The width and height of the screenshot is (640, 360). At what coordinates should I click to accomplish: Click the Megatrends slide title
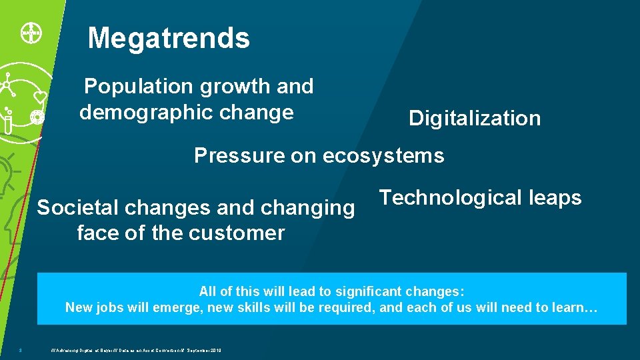(x=169, y=39)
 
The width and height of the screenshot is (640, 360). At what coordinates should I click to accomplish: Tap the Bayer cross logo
(x=28, y=31)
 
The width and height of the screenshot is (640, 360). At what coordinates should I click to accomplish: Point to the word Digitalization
(x=475, y=119)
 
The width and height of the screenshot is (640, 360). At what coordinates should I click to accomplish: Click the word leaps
(x=553, y=198)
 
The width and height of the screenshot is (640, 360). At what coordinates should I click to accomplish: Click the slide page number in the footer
(x=21, y=350)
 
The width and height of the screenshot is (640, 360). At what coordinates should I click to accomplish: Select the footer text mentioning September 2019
(x=136, y=350)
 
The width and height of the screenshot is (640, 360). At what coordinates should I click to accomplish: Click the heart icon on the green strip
(x=40, y=97)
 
